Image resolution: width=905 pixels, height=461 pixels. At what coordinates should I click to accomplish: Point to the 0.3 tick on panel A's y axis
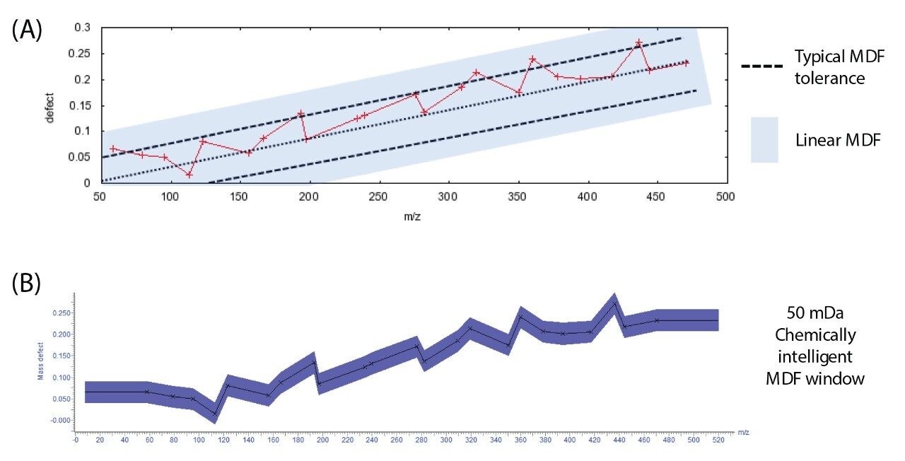pyautogui.click(x=83, y=28)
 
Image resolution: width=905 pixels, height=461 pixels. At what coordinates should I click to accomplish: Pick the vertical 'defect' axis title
pyautogui.click(x=49, y=106)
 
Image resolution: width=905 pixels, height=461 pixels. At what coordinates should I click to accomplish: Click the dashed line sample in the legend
pyautogui.click(x=761, y=66)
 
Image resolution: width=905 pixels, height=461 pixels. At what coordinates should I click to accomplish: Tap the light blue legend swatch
pyautogui.click(x=764, y=140)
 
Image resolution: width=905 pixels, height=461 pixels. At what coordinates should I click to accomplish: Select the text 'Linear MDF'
pyautogui.click(x=838, y=140)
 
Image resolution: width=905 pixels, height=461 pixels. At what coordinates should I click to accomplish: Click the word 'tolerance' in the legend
pyautogui.click(x=829, y=78)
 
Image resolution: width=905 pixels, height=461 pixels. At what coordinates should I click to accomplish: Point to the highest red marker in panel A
pyautogui.click(x=638, y=43)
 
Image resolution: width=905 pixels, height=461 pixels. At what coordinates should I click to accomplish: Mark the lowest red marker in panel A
pyautogui.click(x=189, y=174)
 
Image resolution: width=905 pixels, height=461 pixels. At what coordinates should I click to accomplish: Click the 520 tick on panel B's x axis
pyautogui.click(x=719, y=440)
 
